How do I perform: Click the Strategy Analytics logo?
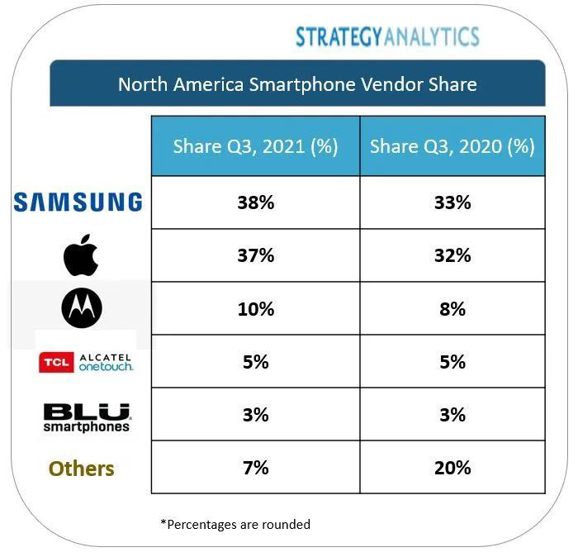click(x=387, y=36)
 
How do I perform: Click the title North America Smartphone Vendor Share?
click(x=297, y=84)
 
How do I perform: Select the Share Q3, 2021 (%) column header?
click(x=255, y=146)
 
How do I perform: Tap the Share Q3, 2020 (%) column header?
click(x=452, y=146)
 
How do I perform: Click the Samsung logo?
click(x=78, y=202)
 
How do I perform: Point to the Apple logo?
click(x=81, y=255)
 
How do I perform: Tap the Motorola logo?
click(x=82, y=309)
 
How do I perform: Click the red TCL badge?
click(x=56, y=362)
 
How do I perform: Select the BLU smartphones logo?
click(x=87, y=417)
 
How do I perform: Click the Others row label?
click(x=81, y=469)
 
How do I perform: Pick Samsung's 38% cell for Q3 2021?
click(x=255, y=202)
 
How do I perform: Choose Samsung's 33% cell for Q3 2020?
click(x=452, y=202)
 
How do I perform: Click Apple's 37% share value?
click(x=255, y=255)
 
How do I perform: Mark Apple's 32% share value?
click(x=452, y=255)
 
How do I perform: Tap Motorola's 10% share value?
click(x=255, y=309)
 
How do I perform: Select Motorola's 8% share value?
click(x=452, y=309)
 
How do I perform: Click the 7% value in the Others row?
click(x=255, y=468)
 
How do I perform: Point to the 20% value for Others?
click(x=452, y=468)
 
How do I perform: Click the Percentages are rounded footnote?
click(x=235, y=524)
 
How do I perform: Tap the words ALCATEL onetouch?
click(x=106, y=362)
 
